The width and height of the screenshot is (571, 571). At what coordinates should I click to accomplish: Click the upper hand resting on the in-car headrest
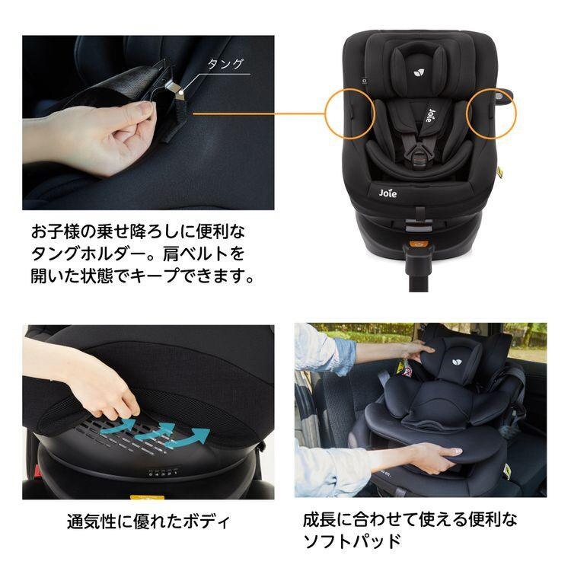pos(417,350)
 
